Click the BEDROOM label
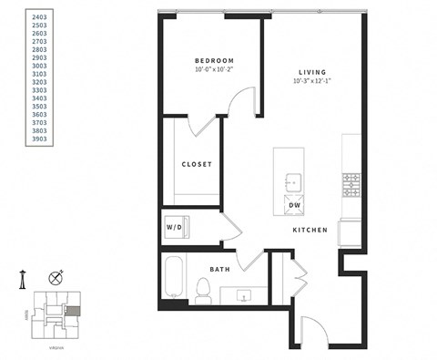coord(214,61)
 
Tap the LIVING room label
coord(311,72)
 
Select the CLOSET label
coord(197,164)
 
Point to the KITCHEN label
coord(310,231)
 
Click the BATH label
coord(219,269)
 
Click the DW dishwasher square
coord(294,204)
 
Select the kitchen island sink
coord(293,180)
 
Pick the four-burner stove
coord(351,187)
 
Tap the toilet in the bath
coord(204,290)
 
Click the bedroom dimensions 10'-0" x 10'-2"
coord(214,70)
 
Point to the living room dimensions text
coord(311,81)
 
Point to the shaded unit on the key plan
coord(73,309)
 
